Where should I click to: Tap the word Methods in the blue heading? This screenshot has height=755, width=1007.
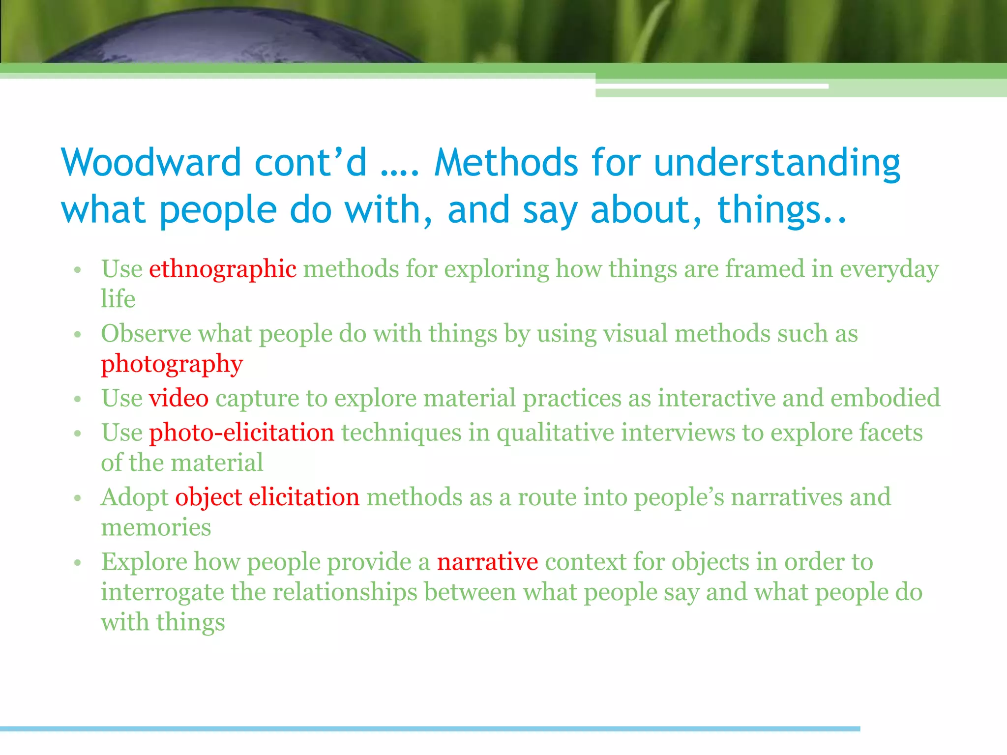coord(506,163)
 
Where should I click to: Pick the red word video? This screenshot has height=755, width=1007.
coord(179,398)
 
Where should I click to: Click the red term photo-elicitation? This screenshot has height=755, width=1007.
coord(241,433)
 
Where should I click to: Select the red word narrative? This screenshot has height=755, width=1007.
coord(487,562)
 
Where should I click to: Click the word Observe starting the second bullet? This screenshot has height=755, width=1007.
coord(146,334)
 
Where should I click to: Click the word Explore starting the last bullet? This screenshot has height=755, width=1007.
coord(144,562)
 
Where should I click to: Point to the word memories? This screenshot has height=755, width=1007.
coord(156,527)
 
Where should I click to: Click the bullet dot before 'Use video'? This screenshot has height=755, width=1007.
coord(77,399)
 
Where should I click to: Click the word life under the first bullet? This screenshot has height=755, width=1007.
coord(118,299)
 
